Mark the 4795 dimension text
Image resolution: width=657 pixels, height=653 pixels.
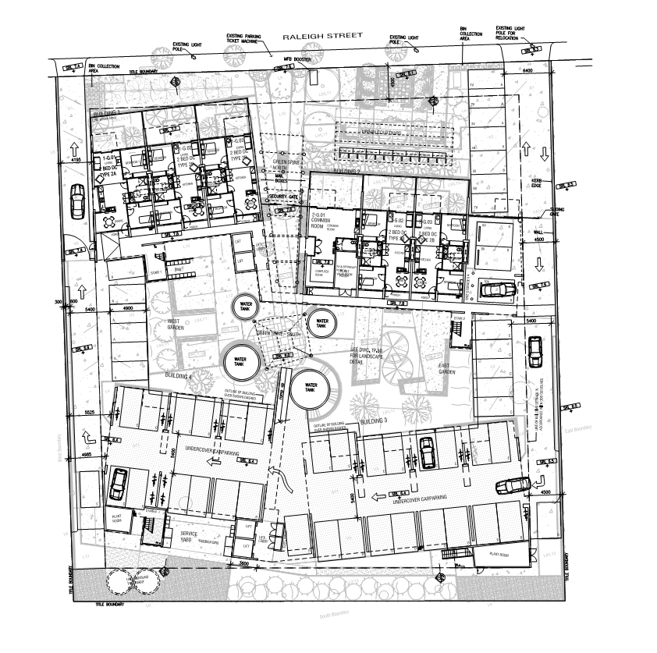[75, 160]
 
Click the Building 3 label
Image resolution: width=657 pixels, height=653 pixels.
[374, 421]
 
